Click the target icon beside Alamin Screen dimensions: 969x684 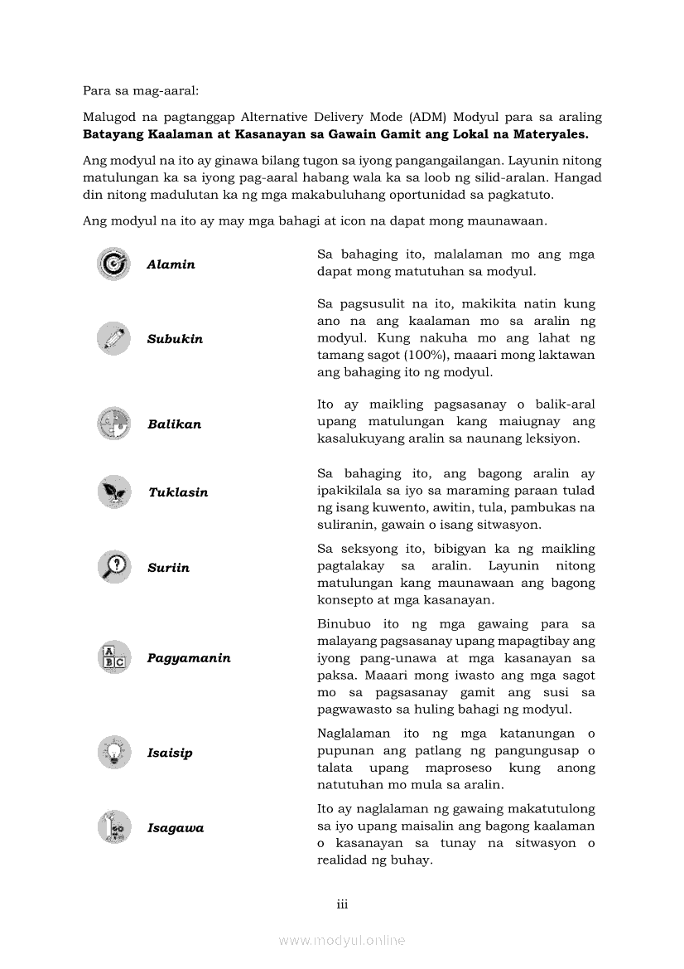pos(113,264)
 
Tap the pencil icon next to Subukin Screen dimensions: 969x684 pos(113,338)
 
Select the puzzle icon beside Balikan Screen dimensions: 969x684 pos(113,424)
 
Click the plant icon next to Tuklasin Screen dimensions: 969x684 pos(113,492)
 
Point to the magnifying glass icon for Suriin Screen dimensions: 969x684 pos(113,567)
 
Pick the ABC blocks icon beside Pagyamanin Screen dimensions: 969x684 pos(113,658)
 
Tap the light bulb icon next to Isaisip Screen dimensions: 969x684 pos(113,753)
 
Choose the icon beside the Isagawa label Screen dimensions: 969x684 pos(113,827)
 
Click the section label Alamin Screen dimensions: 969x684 pos(171,264)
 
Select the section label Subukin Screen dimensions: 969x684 pos(175,339)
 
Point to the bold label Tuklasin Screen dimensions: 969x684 pos(178,492)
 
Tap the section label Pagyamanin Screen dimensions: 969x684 pos(189,658)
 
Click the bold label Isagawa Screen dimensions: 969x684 pos(176,828)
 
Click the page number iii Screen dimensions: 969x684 pos(342,904)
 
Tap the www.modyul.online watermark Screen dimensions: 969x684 pos(342,940)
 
